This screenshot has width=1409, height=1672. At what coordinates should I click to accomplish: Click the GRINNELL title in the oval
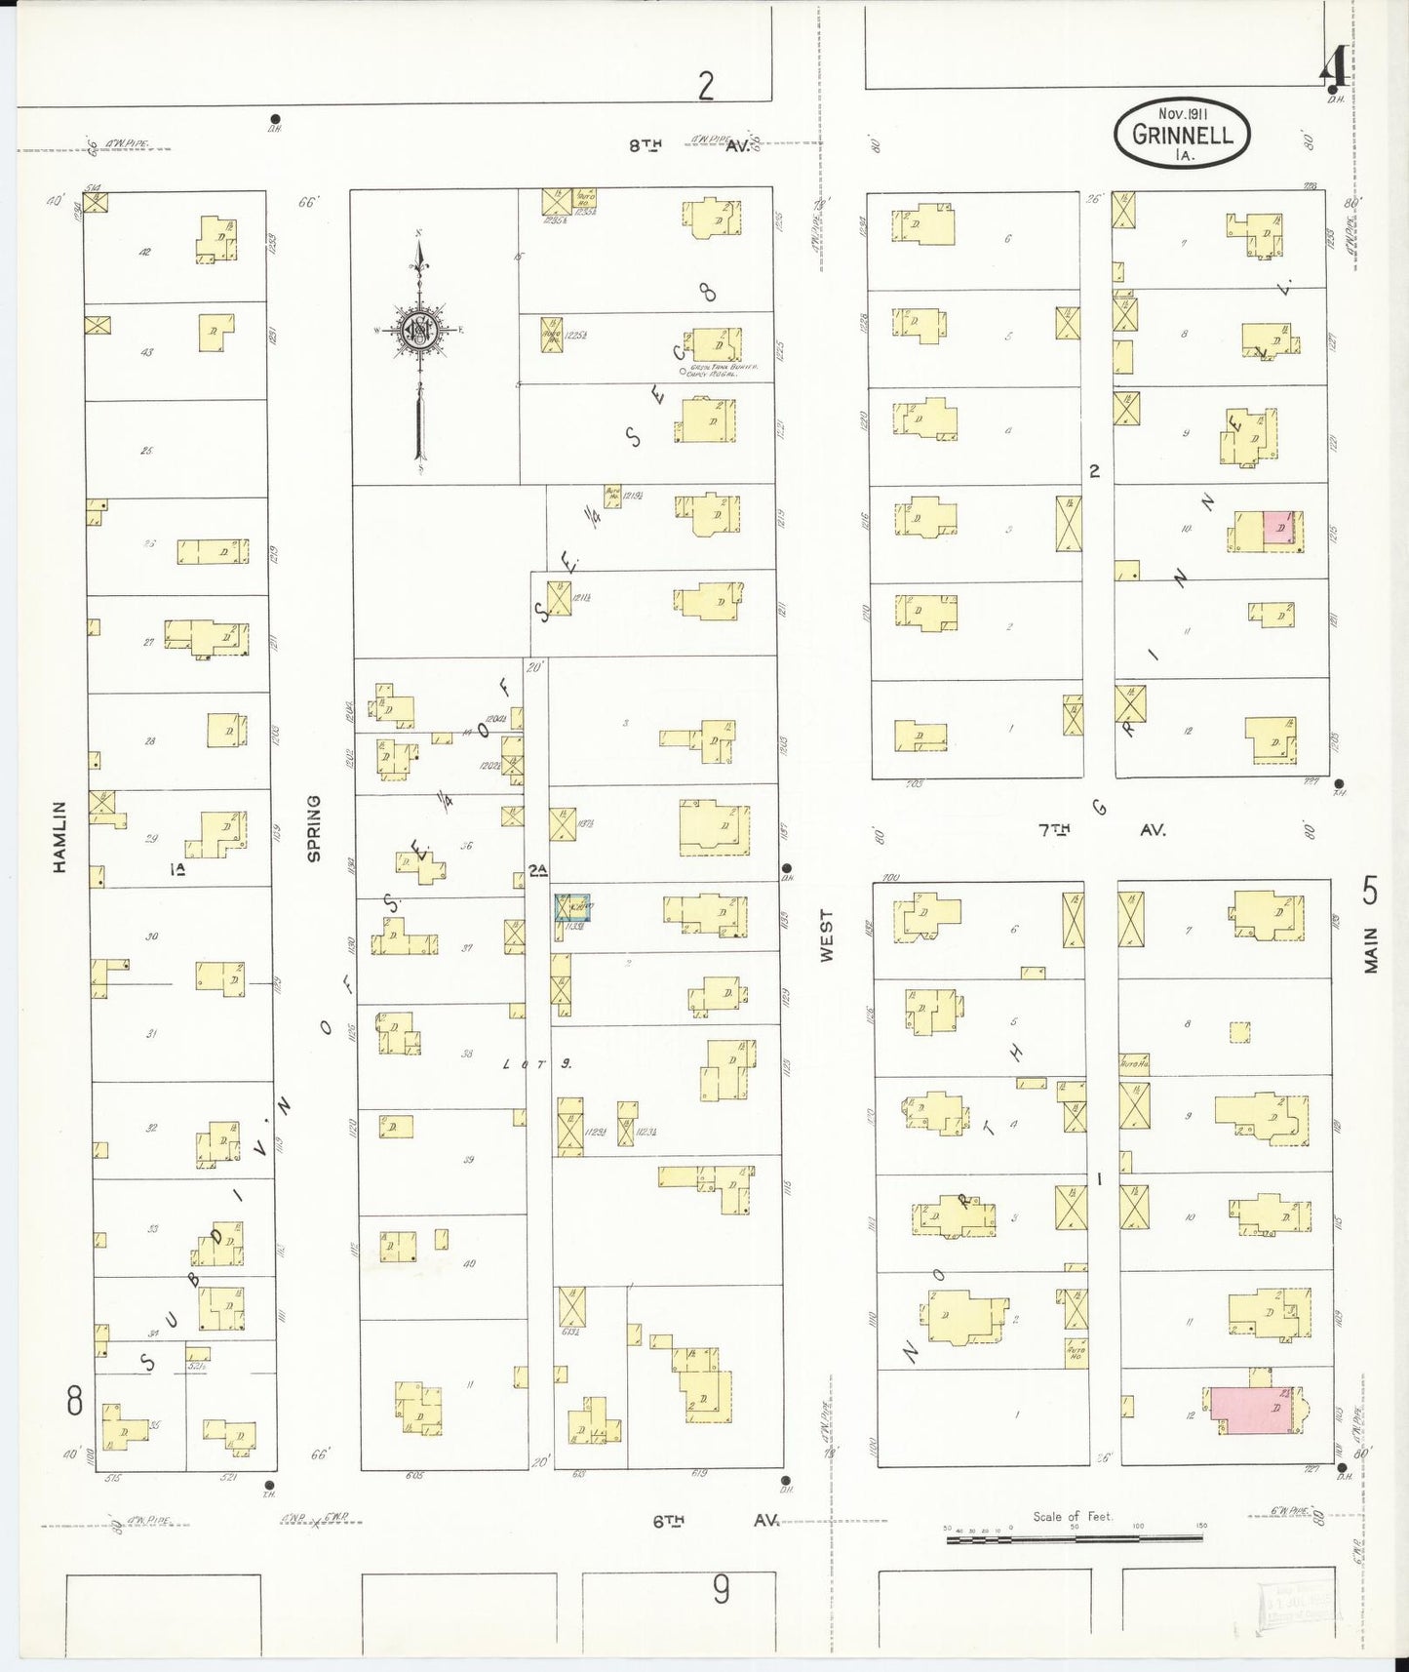coord(1182,135)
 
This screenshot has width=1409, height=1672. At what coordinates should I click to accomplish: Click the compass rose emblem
coord(418,331)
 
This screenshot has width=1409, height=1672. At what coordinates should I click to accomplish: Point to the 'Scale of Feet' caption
coord(1072,1516)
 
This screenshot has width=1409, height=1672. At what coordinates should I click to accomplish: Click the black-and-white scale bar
coord(1074,1538)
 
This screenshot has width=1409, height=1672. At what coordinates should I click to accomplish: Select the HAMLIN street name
coord(60,836)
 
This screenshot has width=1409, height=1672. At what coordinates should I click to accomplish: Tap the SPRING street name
coord(314,828)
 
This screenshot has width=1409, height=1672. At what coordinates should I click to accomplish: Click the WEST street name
coord(827,936)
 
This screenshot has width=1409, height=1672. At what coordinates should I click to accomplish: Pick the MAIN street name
coord(1371,949)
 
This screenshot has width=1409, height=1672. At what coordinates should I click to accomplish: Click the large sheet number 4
coord(1334,66)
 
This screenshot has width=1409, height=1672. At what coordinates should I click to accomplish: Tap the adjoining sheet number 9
coord(720,1590)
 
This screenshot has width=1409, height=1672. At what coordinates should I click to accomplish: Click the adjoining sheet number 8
coord(74,1402)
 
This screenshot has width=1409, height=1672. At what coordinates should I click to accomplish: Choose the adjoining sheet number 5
coord(1370,891)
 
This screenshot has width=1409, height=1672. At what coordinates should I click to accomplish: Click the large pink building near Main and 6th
coord(1253,1411)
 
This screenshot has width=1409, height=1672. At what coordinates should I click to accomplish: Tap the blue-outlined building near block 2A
coord(572,907)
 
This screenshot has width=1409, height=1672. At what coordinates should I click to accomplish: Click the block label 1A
coord(178,869)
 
